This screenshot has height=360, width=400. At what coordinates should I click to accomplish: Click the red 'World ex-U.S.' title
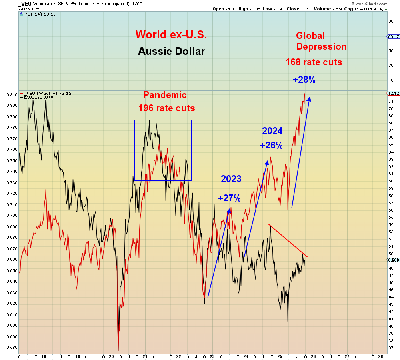coord(171,34)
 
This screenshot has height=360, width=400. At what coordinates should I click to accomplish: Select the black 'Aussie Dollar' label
coord(171,51)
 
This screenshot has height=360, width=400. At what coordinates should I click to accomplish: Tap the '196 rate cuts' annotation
coord(167,108)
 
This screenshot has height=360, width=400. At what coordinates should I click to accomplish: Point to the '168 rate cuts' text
coord(314,62)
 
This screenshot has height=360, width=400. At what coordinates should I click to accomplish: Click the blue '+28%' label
coord(304,80)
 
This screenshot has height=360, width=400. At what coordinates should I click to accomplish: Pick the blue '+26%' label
coord(271,146)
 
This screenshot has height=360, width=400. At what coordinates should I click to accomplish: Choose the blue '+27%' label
coord(229,198)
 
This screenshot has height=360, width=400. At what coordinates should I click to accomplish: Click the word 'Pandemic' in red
coord(165,95)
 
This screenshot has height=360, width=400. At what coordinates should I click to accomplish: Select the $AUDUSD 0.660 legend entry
coord(39,97)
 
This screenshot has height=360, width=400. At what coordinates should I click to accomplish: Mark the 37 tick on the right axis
coord(390,348)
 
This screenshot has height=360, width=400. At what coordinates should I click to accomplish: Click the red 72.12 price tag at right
coord(394,93)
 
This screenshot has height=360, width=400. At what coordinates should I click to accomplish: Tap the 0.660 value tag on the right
coord(394,260)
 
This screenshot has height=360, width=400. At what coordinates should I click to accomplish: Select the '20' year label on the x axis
coord(111,356)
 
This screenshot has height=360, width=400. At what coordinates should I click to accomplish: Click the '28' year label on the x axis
coord(380,356)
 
